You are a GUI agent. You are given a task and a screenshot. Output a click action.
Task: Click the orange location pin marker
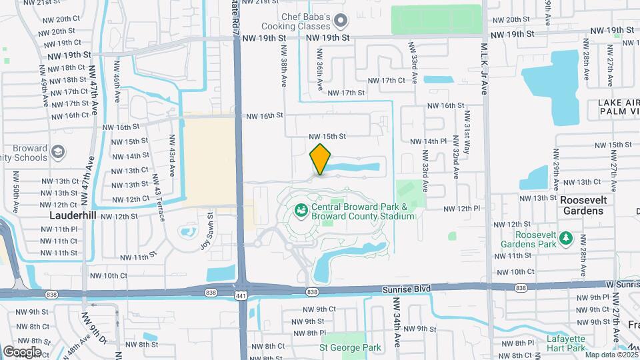pos(321,159)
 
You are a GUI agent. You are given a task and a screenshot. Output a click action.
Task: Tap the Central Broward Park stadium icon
pos(301,211)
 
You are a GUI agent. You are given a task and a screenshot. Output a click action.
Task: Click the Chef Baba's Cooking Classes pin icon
pos(341,21)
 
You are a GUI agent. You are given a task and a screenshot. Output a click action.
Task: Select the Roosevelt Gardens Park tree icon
pos(567,238)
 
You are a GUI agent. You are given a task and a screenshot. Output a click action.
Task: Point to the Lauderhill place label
pos(74,216)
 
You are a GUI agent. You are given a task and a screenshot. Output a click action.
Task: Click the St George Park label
pos(350,347)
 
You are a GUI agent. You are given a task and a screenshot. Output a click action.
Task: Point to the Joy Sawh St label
pos(206,231)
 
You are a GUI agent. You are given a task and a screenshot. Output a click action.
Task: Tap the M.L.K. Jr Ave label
pos(485,69)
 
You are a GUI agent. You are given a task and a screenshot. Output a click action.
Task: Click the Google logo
pos(22,351)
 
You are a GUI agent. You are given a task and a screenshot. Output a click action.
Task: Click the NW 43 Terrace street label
pos(157,191)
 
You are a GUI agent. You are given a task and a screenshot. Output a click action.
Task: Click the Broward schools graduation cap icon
pos(58,153)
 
